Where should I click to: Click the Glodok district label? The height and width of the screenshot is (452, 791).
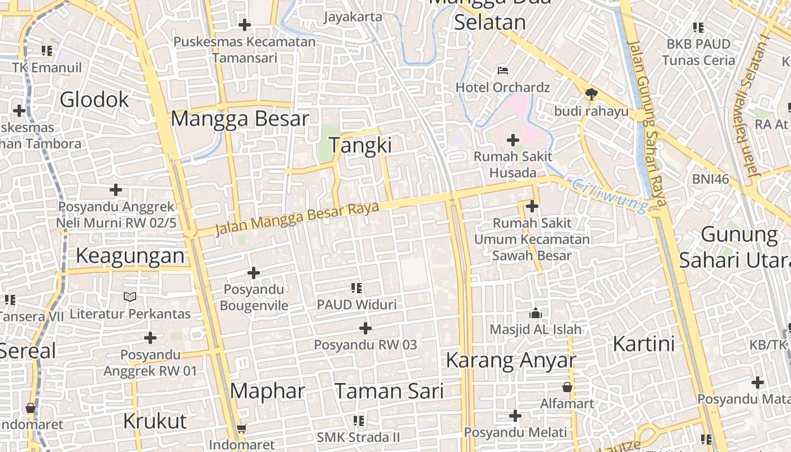pyautogui.click(x=94, y=100)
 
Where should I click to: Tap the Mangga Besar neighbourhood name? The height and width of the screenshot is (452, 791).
pyautogui.click(x=240, y=119)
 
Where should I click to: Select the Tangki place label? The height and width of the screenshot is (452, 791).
pyautogui.click(x=360, y=145)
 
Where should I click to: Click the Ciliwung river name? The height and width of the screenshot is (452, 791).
pyautogui.click(x=610, y=195)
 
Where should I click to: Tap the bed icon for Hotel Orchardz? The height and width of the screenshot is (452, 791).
pyautogui.click(x=503, y=71)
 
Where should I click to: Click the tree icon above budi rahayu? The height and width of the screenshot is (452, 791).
pyautogui.click(x=591, y=94)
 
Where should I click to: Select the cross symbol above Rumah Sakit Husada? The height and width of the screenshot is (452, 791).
pyautogui.click(x=513, y=140)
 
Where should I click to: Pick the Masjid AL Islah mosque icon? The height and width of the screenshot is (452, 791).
pyautogui.click(x=535, y=313)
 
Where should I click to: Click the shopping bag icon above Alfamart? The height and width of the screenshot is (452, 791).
pyautogui.click(x=567, y=387)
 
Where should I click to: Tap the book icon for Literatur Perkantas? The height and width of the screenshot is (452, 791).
pyautogui.click(x=130, y=297)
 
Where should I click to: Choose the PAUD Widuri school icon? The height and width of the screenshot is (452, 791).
pyautogui.click(x=357, y=288)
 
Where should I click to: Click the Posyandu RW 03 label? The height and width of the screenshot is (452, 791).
pyautogui.click(x=366, y=344)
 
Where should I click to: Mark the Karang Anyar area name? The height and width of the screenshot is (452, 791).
pyautogui.click(x=511, y=360)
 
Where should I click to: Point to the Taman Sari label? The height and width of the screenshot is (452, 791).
pyautogui.click(x=389, y=391)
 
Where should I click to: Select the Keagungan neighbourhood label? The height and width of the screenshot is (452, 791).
pyautogui.click(x=130, y=256)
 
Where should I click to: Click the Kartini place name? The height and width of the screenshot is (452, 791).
pyautogui.click(x=644, y=344)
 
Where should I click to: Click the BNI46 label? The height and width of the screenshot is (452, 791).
pyautogui.click(x=710, y=180)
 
